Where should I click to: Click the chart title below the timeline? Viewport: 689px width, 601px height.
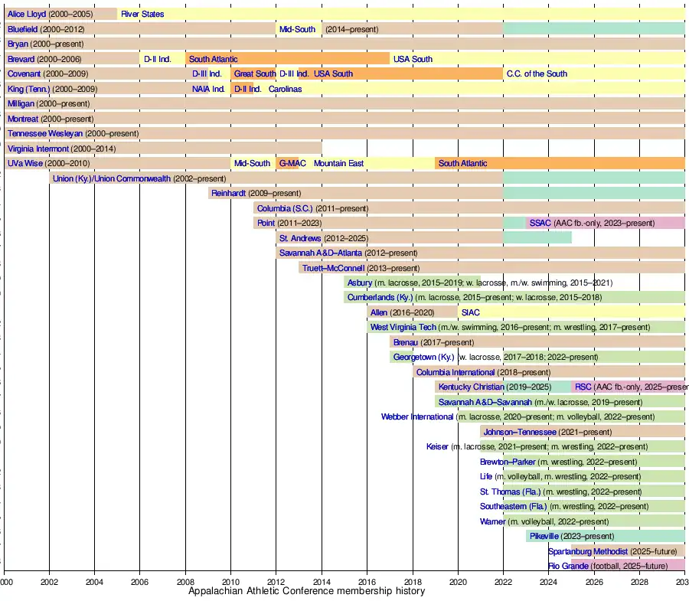[306, 591]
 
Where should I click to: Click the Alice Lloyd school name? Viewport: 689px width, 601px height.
[27, 14]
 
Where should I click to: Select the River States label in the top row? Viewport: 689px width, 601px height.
[142, 14]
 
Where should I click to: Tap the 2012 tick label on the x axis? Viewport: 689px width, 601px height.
[276, 582]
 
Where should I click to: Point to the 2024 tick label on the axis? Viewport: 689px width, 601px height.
[548, 582]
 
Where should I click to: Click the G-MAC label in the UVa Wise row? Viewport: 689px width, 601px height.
[292, 163]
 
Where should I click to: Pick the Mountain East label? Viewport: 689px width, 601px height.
[338, 163]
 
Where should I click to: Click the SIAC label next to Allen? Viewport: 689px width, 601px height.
[471, 312]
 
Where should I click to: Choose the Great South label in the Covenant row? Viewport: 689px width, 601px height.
[255, 73]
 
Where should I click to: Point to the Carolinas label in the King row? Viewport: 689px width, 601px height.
[285, 89]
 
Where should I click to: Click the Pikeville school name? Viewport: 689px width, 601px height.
[544, 536]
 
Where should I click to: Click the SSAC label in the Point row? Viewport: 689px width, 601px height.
[540, 223]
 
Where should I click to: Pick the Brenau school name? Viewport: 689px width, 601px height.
[406, 342]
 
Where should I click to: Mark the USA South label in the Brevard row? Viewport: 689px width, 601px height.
[413, 59]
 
